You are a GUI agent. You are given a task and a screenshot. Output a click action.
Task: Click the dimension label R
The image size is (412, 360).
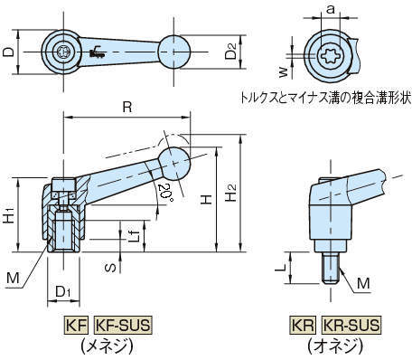pyautogui.click(x=127, y=107)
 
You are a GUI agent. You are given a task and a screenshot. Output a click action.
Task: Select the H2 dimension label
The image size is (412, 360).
pyautogui.click(x=231, y=193)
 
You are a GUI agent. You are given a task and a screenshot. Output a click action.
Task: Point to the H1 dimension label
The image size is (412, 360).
pyautogui.click(x=9, y=214)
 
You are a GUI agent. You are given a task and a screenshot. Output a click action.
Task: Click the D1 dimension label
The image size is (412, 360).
pyautogui.click(x=62, y=291)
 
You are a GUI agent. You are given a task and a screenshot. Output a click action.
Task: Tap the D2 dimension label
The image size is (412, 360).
pyautogui.click(x=230, y=52)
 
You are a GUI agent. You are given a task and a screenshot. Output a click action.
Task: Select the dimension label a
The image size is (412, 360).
pyautogui.click(x=331, y=10)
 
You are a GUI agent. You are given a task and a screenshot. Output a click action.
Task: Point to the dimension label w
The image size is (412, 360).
pyautogui.click(x=283, y=72)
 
